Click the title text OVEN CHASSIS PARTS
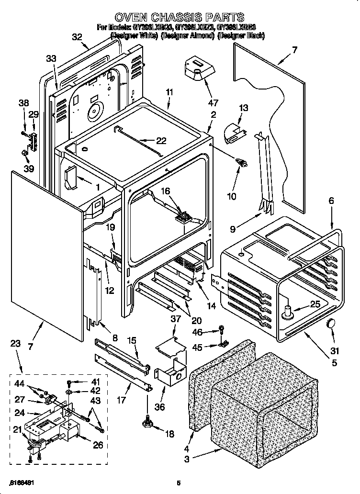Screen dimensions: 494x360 tap(180, 18)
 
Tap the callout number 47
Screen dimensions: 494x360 tap(213, 102)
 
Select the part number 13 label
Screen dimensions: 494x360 tap(244, 108)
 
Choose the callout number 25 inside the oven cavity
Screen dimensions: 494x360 tap(315, 304)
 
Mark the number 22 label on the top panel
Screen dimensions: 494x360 tap(161, 140)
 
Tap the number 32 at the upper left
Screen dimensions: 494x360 tap(77, 37)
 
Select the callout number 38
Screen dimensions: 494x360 tap(24, 102)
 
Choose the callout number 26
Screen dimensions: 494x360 tap(98, 445)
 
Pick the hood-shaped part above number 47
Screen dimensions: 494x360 tap(198, 67)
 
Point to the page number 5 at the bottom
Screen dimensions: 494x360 tap(178, 483)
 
